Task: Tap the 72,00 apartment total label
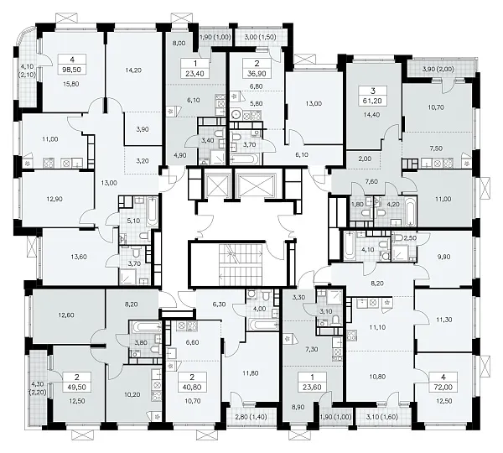point(443,388)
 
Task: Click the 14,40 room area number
point(371,115)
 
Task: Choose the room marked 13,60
point(79,257)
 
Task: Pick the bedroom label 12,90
point(54,199)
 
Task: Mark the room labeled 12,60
point(65,315)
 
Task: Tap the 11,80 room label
point(250,373)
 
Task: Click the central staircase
point(241,264)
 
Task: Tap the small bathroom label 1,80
point(357,204)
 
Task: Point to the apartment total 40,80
point(192,388)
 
